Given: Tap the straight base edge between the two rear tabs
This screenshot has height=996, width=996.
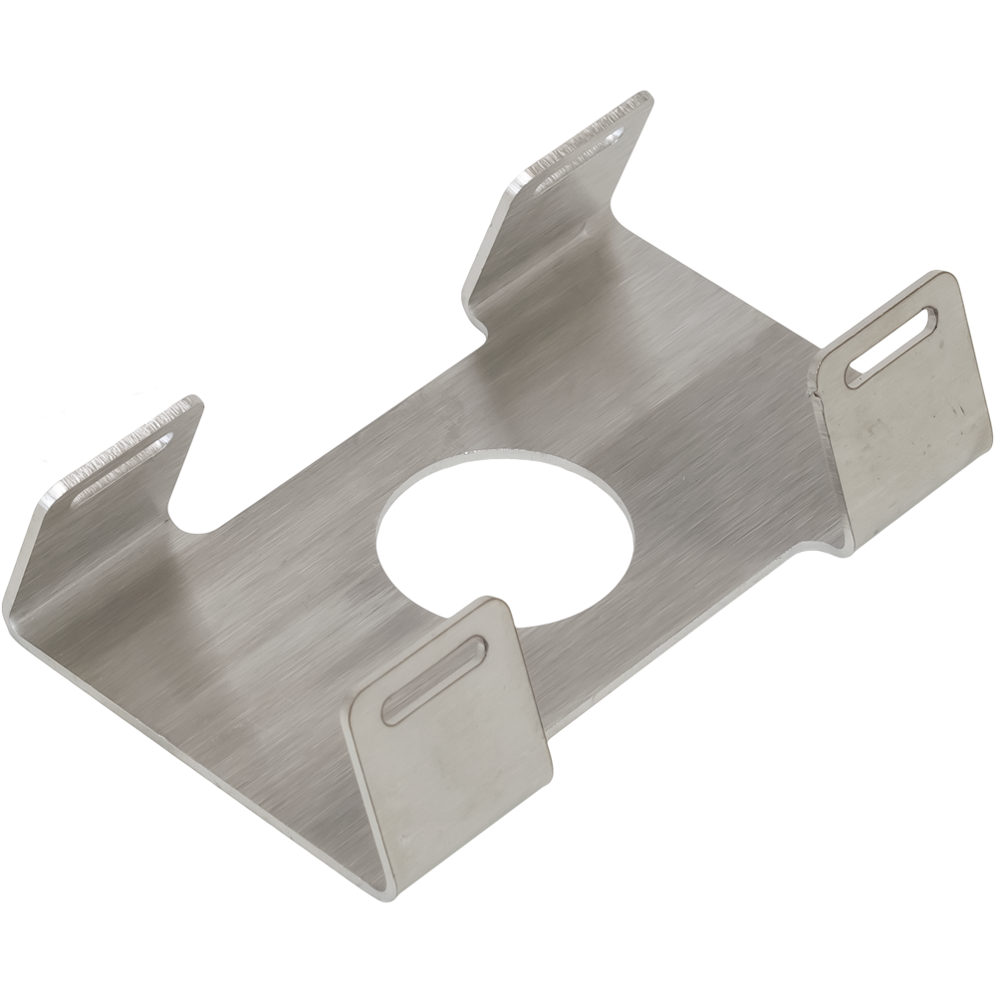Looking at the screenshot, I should tap(349, 433).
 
